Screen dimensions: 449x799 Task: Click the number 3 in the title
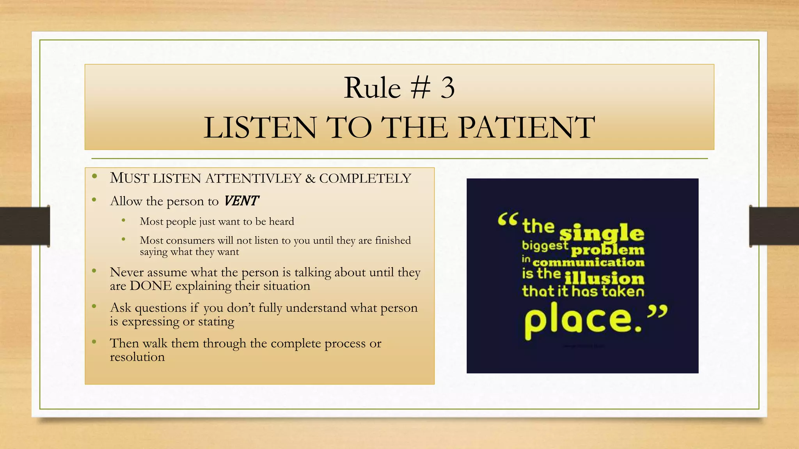click(447, 88)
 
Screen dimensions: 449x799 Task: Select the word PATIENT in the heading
click(526, 127)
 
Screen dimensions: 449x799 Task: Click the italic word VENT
click(241, 201)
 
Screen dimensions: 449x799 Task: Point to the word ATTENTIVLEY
click(253, 178)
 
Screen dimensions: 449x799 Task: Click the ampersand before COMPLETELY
click(310, 179)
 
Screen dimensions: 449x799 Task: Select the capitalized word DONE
click(151, 286)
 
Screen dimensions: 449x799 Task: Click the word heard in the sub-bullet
click(281, 221)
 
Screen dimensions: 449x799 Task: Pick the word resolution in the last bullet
click(137, 357)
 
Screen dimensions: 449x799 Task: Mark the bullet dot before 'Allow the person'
click(94, 200)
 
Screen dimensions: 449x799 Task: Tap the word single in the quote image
click(602, 233)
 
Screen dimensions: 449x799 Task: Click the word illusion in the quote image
click(604, 278)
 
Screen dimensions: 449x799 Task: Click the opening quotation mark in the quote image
click(508, 219)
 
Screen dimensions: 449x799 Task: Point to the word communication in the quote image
click(588, 262)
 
